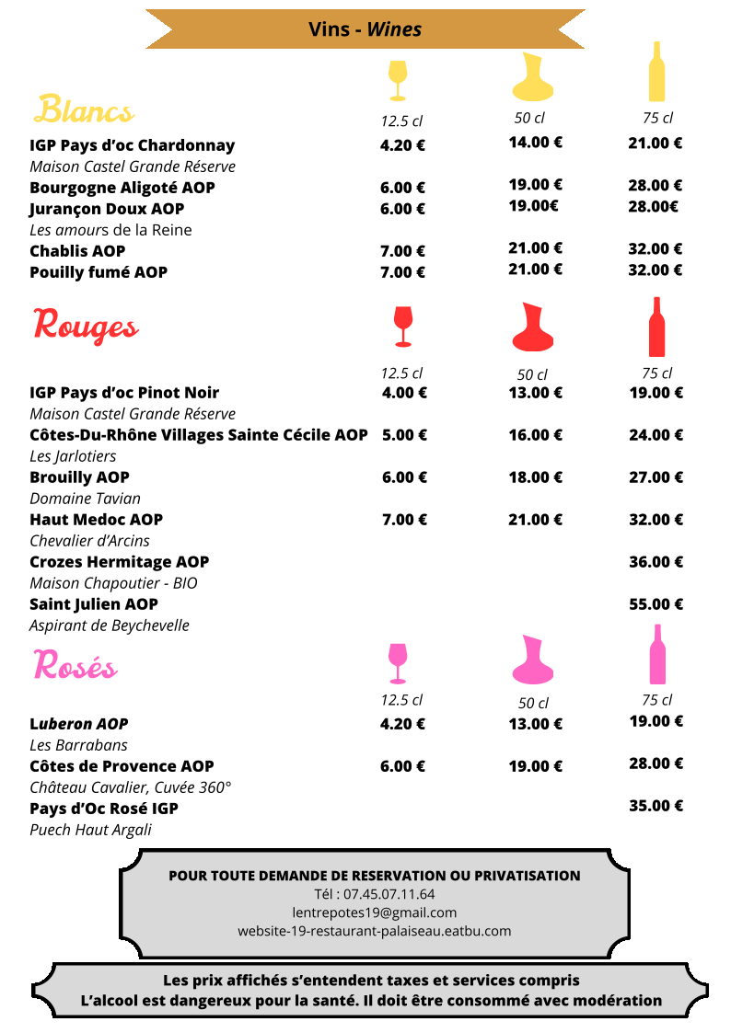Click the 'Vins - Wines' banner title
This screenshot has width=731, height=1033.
365,29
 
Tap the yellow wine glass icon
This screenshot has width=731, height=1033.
398,79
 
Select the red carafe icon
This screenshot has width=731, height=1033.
532,327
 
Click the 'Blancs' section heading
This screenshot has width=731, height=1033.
84,110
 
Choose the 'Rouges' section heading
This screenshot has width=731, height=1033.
86,326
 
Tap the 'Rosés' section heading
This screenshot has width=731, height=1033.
75,665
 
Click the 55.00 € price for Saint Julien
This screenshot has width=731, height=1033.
656,604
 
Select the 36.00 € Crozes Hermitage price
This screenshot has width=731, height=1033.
656,562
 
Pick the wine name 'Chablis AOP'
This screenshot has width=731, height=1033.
77,251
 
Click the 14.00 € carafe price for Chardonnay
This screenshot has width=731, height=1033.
536,143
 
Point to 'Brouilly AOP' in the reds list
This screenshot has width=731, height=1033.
79,477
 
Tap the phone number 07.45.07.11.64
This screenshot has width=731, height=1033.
374,894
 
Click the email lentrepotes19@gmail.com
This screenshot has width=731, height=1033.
374,912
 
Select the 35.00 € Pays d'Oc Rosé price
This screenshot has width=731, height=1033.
656,806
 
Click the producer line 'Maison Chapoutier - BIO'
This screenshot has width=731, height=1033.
113,583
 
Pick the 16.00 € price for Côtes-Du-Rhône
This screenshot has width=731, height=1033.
536,435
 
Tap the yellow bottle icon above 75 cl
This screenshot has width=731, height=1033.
656,72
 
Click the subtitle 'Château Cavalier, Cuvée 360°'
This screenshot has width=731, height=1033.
131,787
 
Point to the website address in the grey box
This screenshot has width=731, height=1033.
374,931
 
